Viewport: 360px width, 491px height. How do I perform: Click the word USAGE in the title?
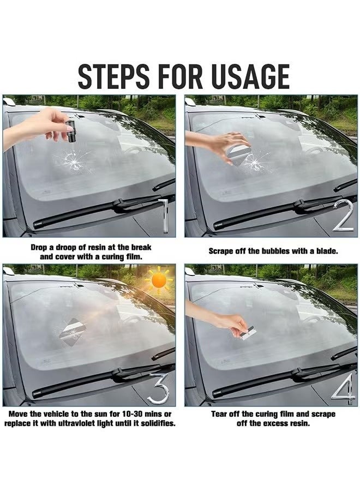(x=248, y=76)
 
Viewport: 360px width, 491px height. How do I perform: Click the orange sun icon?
(x=159, y=280)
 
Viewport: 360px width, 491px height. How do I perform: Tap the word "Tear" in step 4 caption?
(x=221, y=414)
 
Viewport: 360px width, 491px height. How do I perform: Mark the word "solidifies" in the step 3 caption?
(x=157, y=424)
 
